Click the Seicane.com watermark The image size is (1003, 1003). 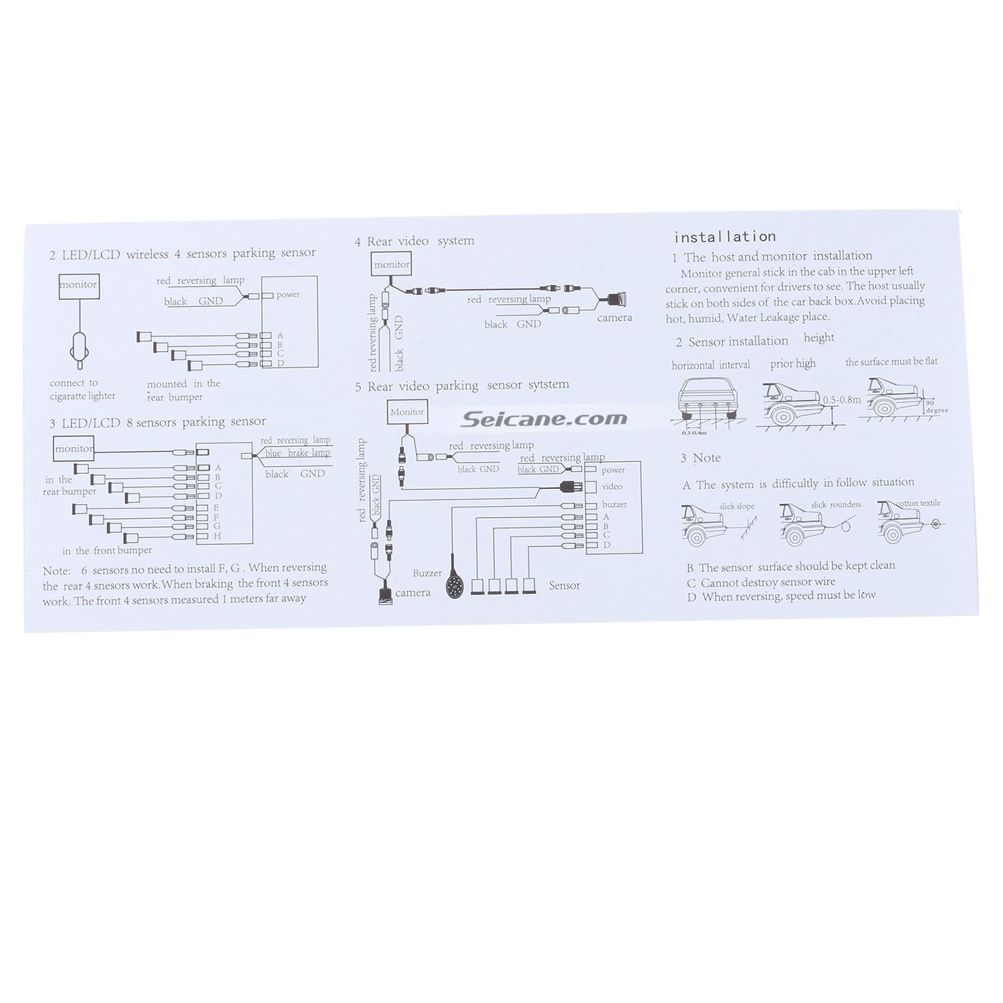click(544, 419)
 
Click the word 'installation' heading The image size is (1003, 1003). click(724, 237)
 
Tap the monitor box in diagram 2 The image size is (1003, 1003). click(79, 285)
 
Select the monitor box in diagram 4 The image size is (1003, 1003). click(392, 265)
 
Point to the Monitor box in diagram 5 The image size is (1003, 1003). click(407, 412)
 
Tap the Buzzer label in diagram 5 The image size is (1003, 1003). click(427, 573)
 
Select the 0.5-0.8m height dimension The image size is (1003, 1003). click(841, 400)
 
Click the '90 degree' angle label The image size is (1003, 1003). click(936, 407)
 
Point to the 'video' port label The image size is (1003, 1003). click(612, 487)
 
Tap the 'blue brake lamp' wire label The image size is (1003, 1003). click(297, 453)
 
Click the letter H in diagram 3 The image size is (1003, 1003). click(217, 536)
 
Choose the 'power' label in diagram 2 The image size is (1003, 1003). click(288, 295)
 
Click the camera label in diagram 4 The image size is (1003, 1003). click(614, 318)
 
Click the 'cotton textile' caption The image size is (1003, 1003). click(917, 503)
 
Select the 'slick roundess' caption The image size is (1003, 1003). click(836, 505)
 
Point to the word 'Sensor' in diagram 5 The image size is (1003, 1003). click(564, 586)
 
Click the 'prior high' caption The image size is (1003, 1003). click(792, 364)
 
